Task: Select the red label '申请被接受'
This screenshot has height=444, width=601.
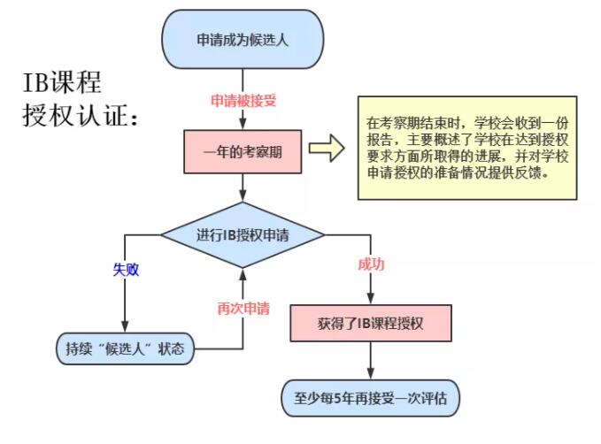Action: coord(243,101)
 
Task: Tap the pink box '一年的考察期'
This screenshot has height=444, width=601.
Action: coord(242,151)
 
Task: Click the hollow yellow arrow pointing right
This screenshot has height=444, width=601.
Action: coord(325,149)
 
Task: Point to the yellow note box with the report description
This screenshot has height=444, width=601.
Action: coord(466,148)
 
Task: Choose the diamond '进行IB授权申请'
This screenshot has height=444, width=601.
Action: coord(243,235)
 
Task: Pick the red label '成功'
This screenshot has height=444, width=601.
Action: coord(371,264)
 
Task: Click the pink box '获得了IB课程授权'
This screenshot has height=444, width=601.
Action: coord(371,323)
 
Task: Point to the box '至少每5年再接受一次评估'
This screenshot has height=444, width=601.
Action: coord(371,399)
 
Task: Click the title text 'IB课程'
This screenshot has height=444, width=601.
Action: coord(62,83)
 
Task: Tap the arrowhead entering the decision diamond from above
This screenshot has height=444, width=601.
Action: coord(242,198)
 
